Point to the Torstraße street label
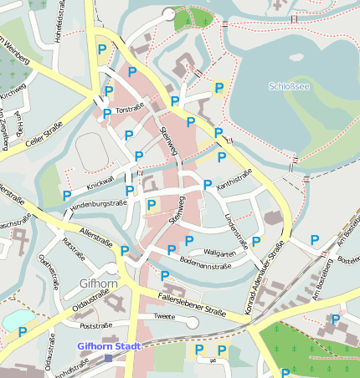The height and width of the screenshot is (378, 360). [x=131, y=110]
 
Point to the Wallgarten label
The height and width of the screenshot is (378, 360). [x=220, y=252]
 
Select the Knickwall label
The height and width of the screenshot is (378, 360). [x=100, y=182]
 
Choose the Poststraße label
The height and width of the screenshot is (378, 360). [x=96, y=325]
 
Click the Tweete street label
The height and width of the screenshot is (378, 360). [x=165, y=317]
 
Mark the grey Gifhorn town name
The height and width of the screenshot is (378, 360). [x=98, y=283]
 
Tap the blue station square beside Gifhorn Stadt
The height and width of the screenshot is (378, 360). [x=108, y=358]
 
